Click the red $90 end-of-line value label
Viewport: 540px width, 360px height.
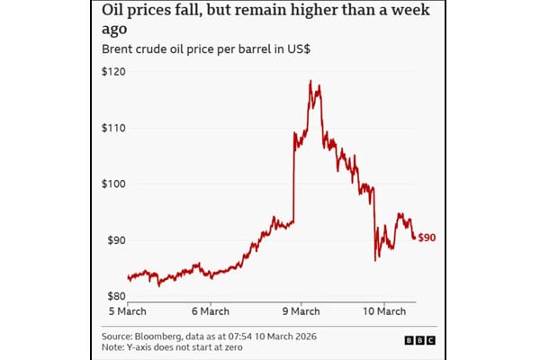(x=427, y=237)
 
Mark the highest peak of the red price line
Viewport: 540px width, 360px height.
(x=310, y=81)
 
